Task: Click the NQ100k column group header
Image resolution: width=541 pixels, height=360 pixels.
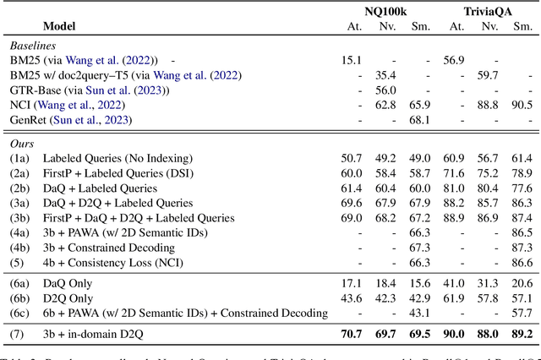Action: click(385, 10)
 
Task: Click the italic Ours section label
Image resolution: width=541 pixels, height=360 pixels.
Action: click(22, 145)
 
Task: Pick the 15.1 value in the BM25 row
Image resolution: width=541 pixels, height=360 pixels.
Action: click(352, 61)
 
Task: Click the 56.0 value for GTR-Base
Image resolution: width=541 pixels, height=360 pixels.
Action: click(385, 90)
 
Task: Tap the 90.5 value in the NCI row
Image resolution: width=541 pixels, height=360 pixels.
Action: click(521, 105)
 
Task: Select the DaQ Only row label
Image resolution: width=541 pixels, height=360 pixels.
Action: click(68, 284)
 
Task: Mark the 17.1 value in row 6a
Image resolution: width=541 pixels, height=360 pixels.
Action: click(352, 284)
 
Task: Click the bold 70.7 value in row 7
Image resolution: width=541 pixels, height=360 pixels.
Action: click(352, 335)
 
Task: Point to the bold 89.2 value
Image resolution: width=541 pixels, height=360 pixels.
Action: click(521, 335)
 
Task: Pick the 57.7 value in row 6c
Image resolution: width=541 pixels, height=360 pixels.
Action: click(521, 314)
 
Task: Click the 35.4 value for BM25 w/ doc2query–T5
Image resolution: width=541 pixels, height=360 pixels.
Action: click(385, 75)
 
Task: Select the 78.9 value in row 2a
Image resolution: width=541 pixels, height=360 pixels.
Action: click(521, 173)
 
